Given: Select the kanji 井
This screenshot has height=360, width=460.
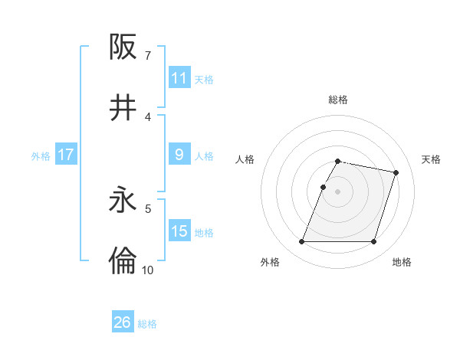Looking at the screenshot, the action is pyautogui.click(x=123, y=108).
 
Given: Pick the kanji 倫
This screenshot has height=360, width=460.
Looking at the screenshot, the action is pyautogui.click(x=123, y=261).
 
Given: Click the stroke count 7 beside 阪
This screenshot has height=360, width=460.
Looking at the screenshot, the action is pyautogui.click(x=147, y=55).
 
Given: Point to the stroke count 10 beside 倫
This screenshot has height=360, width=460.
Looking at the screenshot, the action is pyautogui.click(x=147, y=270).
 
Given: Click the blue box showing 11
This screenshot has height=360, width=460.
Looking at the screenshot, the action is pyautogui.click(x=179, y=78).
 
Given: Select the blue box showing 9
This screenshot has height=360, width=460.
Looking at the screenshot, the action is pyautogui.click(x=179, y=155).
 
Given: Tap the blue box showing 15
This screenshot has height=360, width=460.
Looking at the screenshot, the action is pyautogui.click(x=179, y=231).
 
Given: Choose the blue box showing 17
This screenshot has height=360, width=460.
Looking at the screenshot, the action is pyautogui.click(x=65, y=155).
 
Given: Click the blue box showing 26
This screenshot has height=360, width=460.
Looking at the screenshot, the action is pyautogui.click(x=122, y=322).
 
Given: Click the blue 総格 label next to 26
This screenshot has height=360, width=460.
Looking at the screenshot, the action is pyautogui.click(x=147, y=324).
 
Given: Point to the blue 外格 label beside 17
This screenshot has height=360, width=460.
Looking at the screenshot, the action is pyautogui.click(x=41, y=156).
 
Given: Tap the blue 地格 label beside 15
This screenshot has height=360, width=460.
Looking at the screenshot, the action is pyautogui.click(x=204, y=233).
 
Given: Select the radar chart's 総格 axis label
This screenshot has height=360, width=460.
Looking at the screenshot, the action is pyautogui.click(x=338, y=100).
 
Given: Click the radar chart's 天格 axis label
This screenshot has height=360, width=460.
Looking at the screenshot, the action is pyautogui.click(x=431, y=159).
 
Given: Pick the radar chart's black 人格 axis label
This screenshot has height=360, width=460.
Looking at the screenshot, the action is pyautogui.click(x=245, y=159).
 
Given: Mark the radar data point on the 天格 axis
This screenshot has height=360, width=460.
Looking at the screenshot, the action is pyautogui.click(x=396, y=173).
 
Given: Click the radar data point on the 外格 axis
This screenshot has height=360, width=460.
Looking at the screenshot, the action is pyautogui.click(x=302, y=242).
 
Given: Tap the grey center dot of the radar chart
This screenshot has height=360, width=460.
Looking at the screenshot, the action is pyautogui.click(x=338, y=191).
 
